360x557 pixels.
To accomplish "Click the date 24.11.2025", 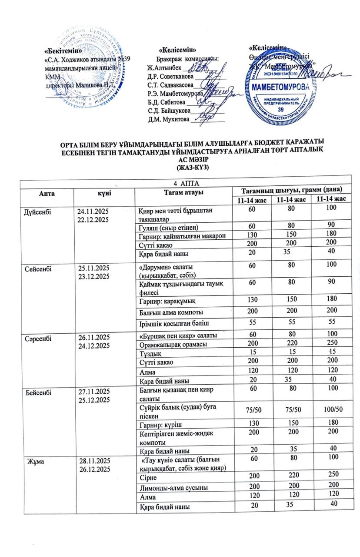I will pos(92,211).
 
